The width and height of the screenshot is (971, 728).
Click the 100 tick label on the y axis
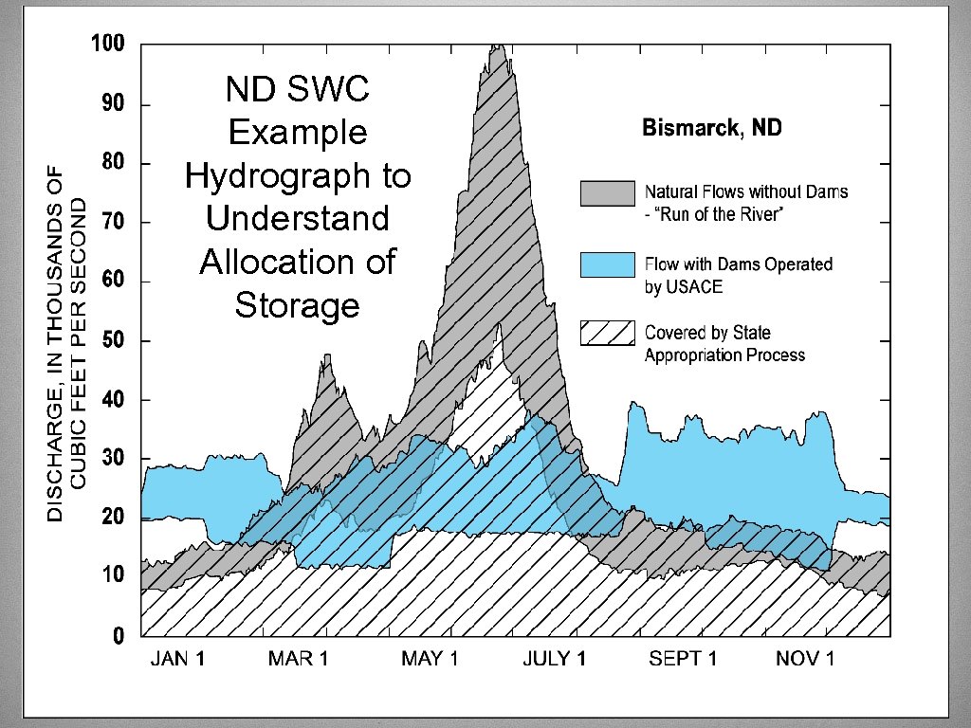(x=107, y=45)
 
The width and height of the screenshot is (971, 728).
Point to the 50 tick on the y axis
(x=113, y=341)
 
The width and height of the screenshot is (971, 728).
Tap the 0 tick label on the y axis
(x=119, y=637)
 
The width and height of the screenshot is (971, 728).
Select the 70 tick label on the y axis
(x=113, y=223)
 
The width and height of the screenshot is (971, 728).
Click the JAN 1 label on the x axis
(x=177, y=660)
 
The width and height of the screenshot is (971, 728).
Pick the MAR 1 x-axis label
(x=300, y=660)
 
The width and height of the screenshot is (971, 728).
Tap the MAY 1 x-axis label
(x=429, y=660)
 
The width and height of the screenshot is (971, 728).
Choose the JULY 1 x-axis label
(x=555, y=660)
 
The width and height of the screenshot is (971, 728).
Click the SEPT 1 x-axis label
(x=683, y=660)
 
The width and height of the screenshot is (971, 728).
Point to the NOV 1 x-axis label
(x=805, y=660)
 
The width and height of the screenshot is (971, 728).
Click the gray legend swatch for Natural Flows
(x=607, y=192)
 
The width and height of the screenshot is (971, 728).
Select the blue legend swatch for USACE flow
(x=607, y=264)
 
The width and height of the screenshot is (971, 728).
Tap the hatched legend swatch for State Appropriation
(x=607, y=334)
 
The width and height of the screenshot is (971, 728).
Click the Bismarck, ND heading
(x=711, y=128)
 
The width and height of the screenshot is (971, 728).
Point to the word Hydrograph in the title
(x=297, y=175)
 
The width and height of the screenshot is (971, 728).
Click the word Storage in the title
(x=297, y=305)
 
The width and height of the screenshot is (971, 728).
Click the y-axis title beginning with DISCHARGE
(x=67, y=341)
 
